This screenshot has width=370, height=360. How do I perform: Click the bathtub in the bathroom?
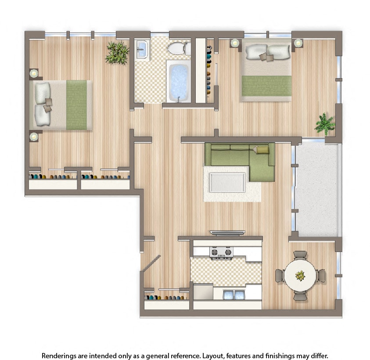[179, 82]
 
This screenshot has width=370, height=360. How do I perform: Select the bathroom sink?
[142, 50]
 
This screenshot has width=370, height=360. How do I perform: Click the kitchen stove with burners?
[221, 252]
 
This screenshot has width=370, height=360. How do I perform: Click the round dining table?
[300, 276]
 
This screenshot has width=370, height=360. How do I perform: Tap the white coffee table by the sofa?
[227, 182]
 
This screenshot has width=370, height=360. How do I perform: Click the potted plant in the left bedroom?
[117, 53]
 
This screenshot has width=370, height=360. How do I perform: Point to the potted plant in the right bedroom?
[325, 124]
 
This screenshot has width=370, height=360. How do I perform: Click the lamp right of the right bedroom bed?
[298, 43]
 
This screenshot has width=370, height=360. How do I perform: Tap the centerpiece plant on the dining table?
[300, 276]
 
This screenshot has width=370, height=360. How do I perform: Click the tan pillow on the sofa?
[262, 150]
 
